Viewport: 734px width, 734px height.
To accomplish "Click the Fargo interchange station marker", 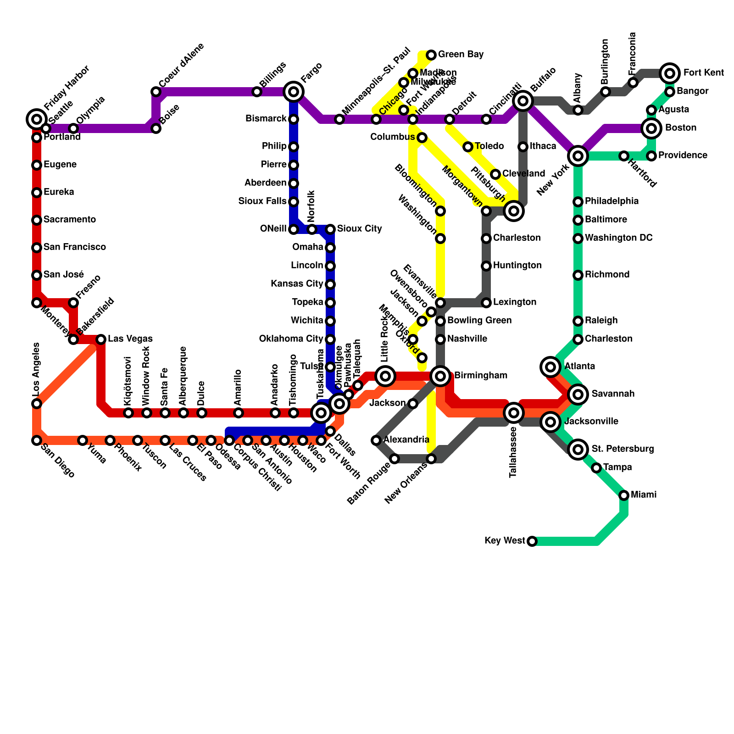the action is (294, 92).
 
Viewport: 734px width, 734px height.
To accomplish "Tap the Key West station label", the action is (505, 541).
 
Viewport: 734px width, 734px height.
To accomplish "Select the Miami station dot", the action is (624, 495).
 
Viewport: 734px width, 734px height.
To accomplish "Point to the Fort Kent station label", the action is (703, 73).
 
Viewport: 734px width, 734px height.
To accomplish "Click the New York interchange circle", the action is (578, 156).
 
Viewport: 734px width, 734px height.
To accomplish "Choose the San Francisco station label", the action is (75, 247).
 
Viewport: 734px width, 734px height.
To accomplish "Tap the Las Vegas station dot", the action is (101, 339).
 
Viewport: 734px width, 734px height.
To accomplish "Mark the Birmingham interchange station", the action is (440, 376).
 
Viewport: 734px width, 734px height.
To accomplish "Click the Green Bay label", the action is (461, 55).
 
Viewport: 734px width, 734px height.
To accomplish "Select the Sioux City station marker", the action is (330, 229).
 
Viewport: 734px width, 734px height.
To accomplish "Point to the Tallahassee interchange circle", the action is (514, 413).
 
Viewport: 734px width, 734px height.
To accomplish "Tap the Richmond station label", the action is (607, 275).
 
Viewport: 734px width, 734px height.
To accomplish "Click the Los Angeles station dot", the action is (37, 404).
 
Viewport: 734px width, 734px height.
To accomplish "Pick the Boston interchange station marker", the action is (651, 128).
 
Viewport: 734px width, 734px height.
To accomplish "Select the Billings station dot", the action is (257, 92).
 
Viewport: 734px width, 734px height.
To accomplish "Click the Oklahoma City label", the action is (291, 339).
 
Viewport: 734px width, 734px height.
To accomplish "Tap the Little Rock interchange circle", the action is (385, 376).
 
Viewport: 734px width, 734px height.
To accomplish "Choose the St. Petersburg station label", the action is (623, 449).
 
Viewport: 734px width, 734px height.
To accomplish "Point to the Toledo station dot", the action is (468, 147).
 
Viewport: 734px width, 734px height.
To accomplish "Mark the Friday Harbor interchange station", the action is (37, 119).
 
